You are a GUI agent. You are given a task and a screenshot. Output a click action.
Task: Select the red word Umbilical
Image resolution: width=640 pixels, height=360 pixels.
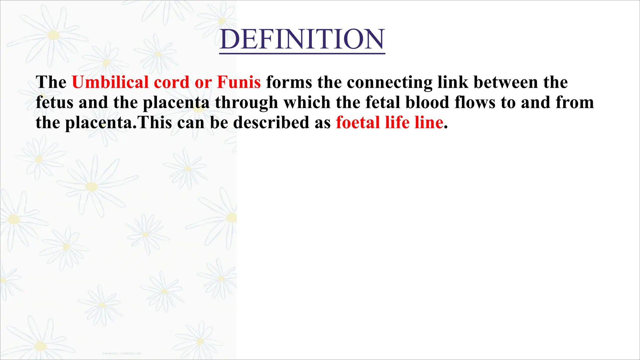110,82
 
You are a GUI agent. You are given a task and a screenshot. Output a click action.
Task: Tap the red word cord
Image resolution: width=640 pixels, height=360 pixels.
172,82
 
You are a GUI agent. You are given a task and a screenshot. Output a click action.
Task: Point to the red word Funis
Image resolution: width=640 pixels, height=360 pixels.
239,82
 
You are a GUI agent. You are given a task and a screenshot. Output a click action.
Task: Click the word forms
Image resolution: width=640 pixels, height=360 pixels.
289,82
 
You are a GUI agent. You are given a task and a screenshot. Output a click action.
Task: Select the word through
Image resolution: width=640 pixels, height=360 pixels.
246,103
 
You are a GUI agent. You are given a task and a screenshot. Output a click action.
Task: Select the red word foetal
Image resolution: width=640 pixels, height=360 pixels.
357,122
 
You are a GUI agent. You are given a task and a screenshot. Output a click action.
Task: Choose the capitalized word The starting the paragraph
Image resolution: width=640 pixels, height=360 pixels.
51,82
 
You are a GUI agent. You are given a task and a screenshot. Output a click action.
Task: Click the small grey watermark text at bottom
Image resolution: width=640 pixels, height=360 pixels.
122,353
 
